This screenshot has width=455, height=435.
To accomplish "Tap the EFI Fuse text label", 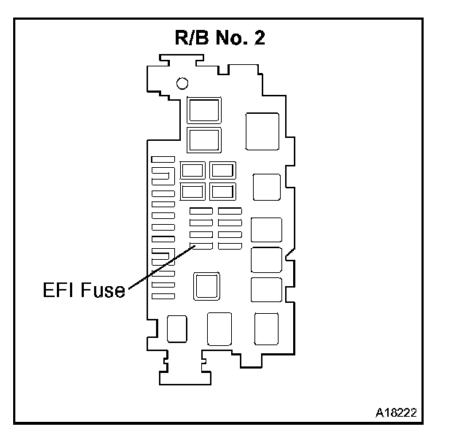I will click(82, 290).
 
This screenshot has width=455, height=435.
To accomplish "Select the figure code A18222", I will click(396, 412).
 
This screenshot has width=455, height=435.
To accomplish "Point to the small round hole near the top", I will click(182, 82).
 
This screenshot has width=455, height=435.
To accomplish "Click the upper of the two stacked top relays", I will click(203, 109).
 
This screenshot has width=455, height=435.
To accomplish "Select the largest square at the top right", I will click(262, 131).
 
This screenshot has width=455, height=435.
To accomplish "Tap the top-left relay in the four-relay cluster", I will click(192, 171).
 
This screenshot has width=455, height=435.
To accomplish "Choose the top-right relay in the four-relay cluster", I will click(221, 171).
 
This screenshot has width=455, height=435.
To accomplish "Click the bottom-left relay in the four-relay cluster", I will click(192, 192).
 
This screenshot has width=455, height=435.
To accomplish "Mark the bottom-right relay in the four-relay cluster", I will click(221, 192).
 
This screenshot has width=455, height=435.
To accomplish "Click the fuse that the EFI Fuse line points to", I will click(201, 246).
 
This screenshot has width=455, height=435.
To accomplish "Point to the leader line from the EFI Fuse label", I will click(160, 268).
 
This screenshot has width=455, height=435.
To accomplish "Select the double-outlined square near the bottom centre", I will click(207, 285).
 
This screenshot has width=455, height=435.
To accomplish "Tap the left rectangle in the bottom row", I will click(177, 328).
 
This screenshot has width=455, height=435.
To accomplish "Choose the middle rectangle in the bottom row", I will click(219, 328).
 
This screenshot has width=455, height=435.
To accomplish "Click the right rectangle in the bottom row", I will click(266, 328).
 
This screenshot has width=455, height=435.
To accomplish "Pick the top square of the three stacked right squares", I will click(265, 230).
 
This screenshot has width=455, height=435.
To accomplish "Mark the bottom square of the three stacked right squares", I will click(265, 290).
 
